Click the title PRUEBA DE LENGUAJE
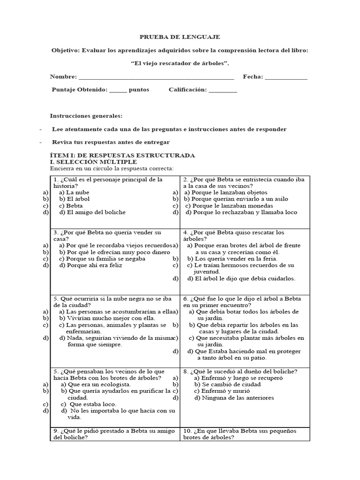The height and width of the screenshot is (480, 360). click(x=180, y=37)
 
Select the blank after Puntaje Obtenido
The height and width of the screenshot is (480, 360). click(x=118, y=90)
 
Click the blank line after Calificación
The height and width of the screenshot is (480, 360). click(x=223, y=90)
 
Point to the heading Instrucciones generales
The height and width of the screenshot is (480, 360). click(x=86, y=116)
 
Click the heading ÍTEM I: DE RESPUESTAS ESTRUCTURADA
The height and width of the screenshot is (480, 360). click(x=122, y=155)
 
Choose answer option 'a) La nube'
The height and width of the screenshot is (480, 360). click(x=74, y=193)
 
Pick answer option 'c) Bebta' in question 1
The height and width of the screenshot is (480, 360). click(x=71, y=206)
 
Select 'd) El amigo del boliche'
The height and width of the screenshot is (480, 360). click(x=92, y=212)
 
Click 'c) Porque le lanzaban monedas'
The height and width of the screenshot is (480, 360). click(x=229, y=206)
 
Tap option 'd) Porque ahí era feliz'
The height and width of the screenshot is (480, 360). click(x=90, y=265)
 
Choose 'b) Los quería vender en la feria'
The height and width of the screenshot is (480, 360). click(x=232, y=259)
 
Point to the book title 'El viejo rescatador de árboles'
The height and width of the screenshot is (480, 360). click(x=180, y=63)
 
